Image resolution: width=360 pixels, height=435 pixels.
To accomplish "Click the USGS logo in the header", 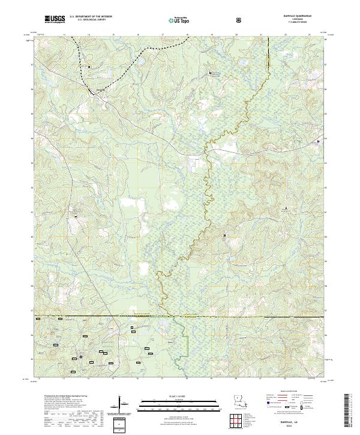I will point(55,20).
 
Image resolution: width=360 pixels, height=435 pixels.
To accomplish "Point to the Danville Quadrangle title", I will point(298,17).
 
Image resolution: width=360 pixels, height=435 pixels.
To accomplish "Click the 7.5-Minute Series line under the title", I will point(298,23).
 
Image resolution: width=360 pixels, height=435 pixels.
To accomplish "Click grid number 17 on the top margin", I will point(163,35).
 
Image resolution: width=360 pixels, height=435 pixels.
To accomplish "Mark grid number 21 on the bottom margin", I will point(260,379).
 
